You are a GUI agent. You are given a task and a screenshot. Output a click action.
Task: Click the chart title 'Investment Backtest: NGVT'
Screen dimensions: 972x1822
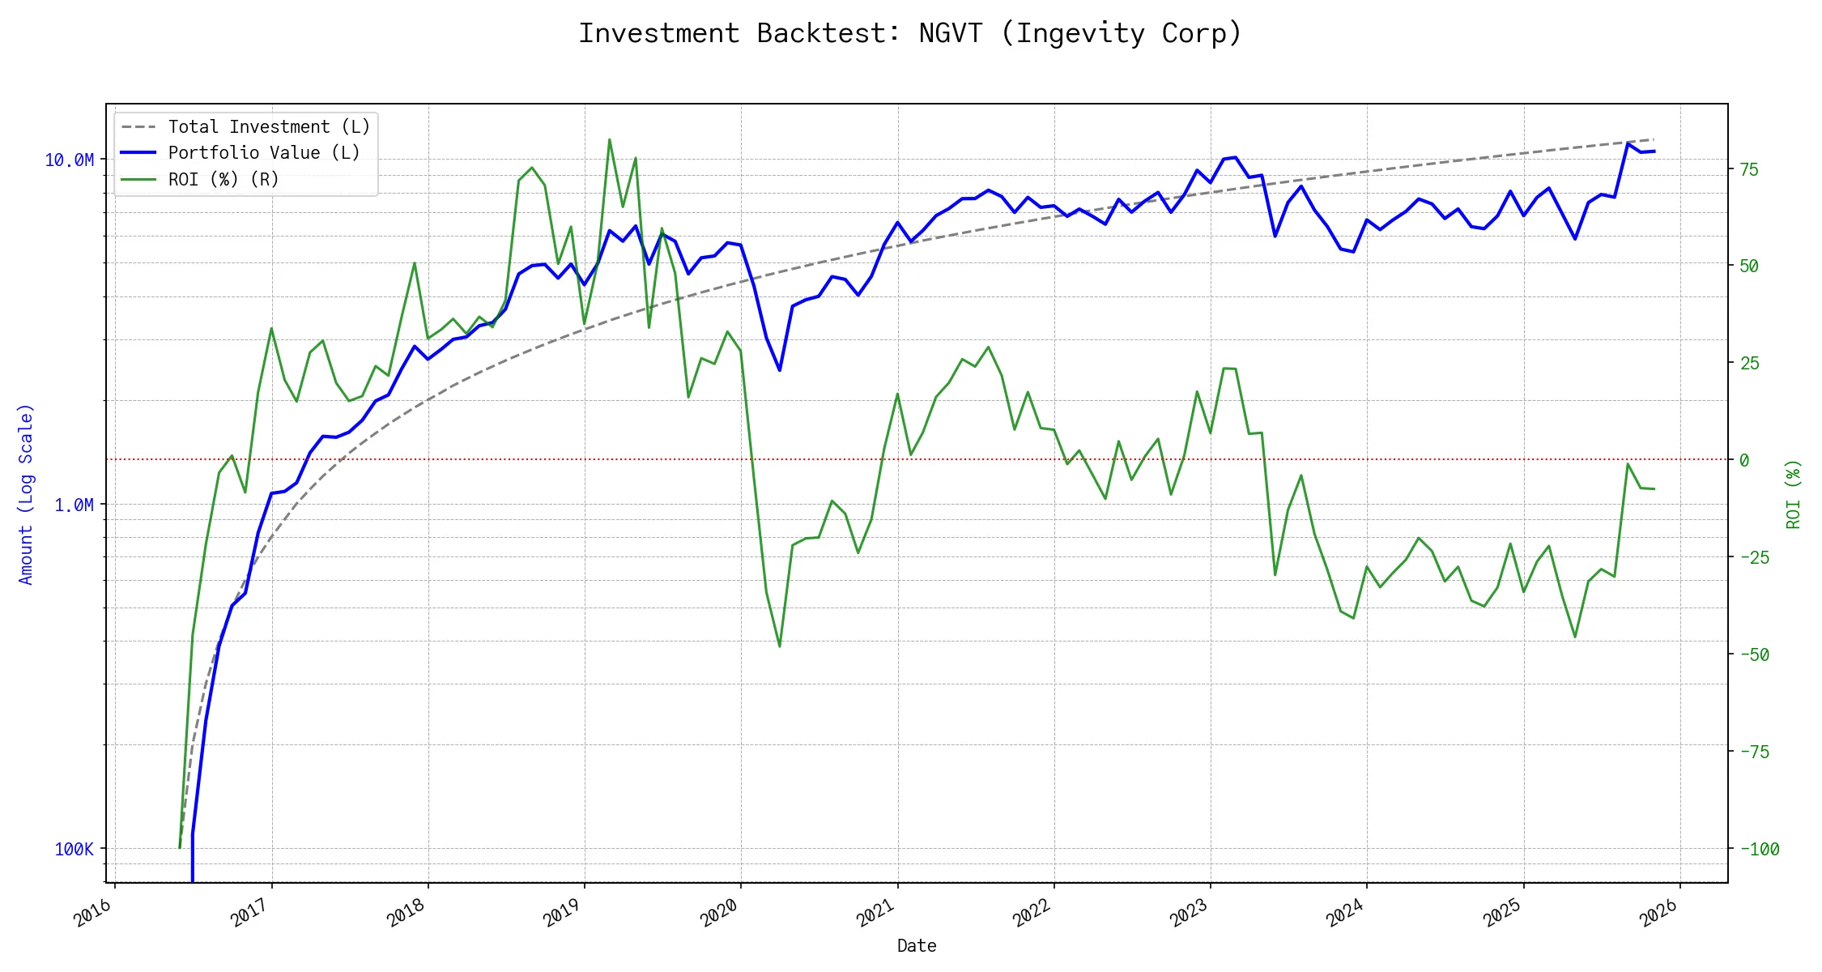(x=910, y=33)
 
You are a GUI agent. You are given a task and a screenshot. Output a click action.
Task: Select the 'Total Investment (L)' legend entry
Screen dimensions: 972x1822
(x=269, y=127)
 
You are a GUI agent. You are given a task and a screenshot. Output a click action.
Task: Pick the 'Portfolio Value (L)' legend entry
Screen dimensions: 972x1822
(x=264, y=153)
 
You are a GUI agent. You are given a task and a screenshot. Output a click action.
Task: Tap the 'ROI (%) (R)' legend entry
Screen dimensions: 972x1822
(x=223, y=179)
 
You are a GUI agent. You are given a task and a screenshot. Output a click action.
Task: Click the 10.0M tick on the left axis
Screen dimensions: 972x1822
(x=70, y=160)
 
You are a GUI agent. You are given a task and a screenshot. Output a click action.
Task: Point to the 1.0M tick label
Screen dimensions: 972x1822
(x=74, y=505)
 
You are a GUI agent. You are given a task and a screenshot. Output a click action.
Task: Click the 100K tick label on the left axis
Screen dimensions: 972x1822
(x=74, y=850)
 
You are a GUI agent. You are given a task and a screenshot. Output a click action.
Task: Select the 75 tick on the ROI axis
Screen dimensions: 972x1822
(x=1749, y=169)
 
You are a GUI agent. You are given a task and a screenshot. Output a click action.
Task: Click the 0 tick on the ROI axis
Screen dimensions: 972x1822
(x=1744, y=460)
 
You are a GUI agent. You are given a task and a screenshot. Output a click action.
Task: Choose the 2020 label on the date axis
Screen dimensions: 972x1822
(x=719, y=914)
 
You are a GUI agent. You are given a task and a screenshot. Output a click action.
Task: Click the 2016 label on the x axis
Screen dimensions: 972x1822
(x=92, y=914)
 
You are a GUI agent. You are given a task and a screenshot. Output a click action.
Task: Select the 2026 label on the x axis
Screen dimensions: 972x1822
(x=1658, y=914)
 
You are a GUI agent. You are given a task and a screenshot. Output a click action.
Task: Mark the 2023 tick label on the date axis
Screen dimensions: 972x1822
(x=1189, y=914)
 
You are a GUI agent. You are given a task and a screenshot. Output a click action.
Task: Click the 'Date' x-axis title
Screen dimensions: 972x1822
(x=917, y=946)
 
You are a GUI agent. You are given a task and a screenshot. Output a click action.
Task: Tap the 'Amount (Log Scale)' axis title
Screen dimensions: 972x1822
(x=26, y=494)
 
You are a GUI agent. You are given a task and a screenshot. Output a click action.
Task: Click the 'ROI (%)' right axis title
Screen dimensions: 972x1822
(x=1794, y=494)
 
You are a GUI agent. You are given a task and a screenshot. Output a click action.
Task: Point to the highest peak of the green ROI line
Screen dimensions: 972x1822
(x=609, y=139)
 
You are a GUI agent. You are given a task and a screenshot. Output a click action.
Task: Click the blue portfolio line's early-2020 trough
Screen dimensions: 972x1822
(x=780, y=370)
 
